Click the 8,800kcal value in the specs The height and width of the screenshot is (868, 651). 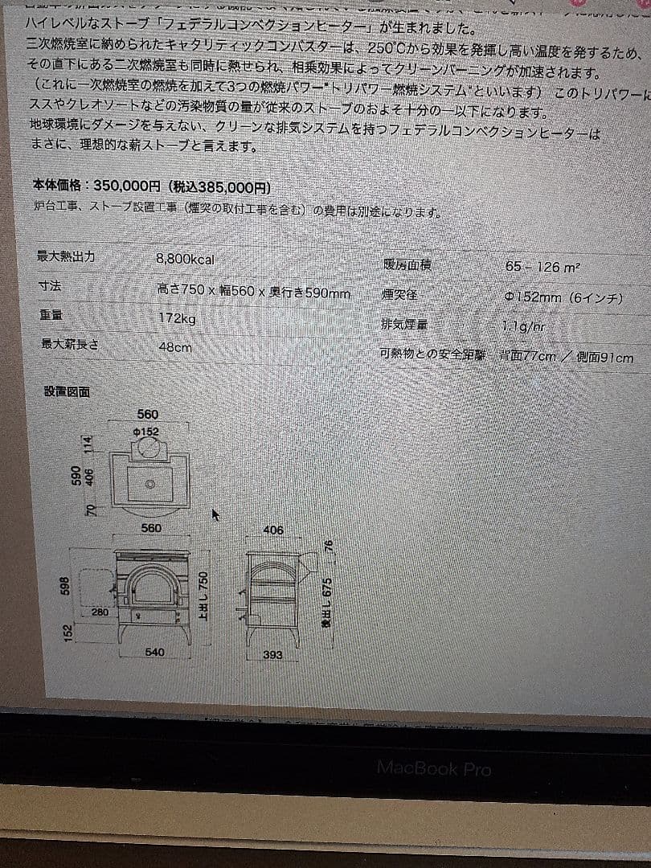pos(186,260)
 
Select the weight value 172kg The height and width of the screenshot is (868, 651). pos(177,318)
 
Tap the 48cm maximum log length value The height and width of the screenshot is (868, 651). pos(175,347)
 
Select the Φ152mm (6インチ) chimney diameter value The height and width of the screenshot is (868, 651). pos(563,297)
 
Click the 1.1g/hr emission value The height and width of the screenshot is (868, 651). pos(523,326)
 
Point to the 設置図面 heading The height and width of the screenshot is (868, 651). pos(67,391)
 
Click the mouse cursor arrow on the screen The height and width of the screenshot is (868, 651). pos(216,514)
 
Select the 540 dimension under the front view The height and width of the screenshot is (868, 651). pos(155,652)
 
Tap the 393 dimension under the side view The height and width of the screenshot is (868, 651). pos(273,655)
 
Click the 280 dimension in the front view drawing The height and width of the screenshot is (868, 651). pos(100,612)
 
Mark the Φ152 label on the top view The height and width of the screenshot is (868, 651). pos(147,432)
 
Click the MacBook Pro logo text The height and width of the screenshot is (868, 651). pos(434,768)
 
